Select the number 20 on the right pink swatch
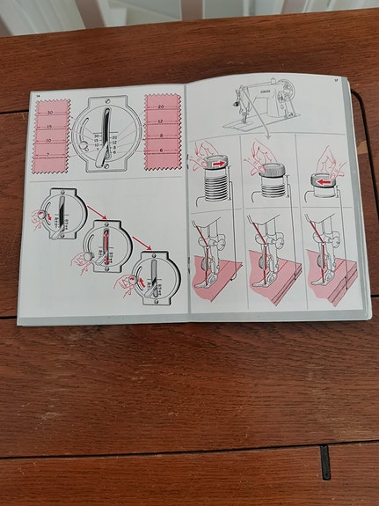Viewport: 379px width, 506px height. (x=161, y=106)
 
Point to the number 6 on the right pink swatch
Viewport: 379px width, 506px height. (x=161, y=150)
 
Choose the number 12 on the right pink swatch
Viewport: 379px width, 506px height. (x=161, y=121)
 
